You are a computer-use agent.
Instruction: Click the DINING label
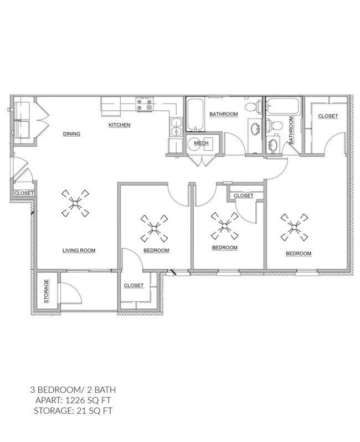pyautogui.click(x=72, y=133)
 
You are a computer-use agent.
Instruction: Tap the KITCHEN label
pyautogui.click(x=119, y=125)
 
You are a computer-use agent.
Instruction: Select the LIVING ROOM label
pyautogui.click(x=79, y=250)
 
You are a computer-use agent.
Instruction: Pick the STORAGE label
pyautogui.click(x=47, y=291)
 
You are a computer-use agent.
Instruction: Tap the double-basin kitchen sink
pyautogui.click(x=176, y=127)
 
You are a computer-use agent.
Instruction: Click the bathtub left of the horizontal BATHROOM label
pyautogui.click(x=194, y=115)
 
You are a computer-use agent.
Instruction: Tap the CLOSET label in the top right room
pyautogui.click(x=328, y=116)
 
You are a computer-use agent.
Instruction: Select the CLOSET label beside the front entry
pyautogui.click(x=24, y=193)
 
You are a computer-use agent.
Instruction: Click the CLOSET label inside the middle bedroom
pyautogui.click(x=243, y=196)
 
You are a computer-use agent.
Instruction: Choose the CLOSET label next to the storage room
pyautogui.click(x=133, y=286)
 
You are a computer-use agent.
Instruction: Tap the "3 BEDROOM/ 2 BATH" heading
pyautogui.click(x=73, y=389)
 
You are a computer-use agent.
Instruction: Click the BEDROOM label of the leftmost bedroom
pyautogui.click(x=156, y=250)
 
